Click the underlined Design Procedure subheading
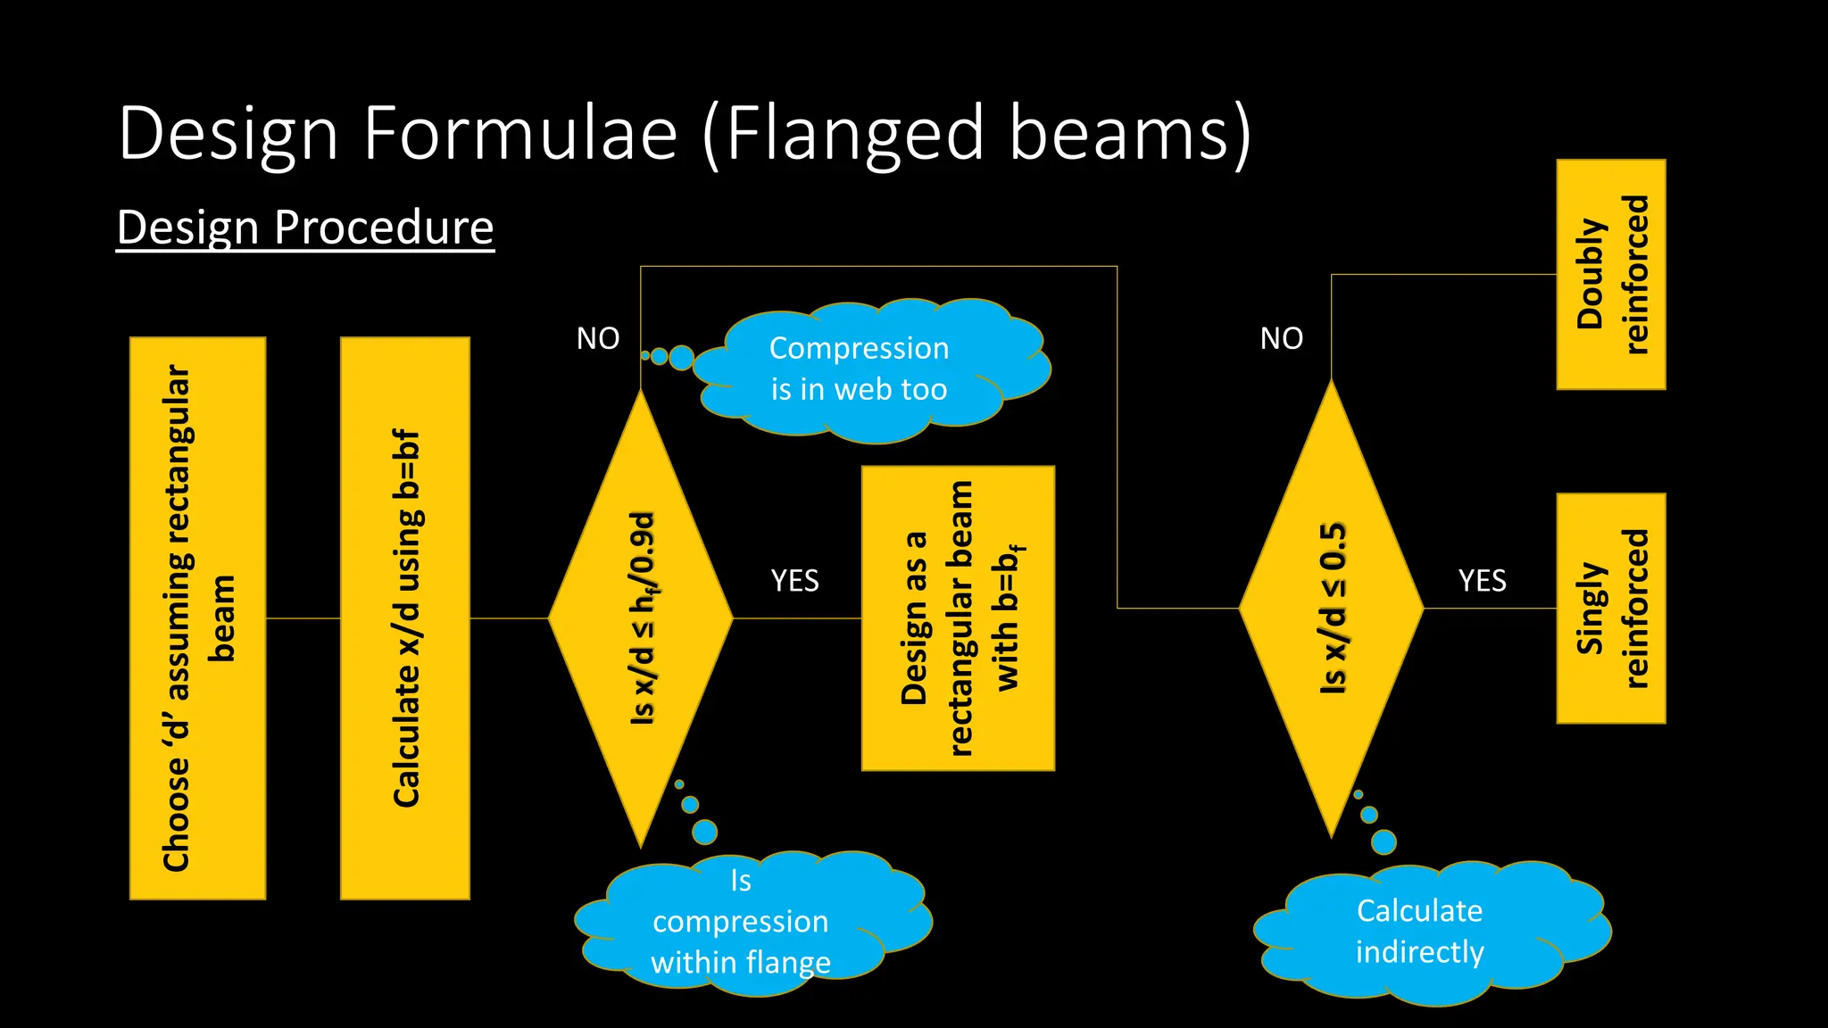click(x=305, y=227)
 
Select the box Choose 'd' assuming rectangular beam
click(x=197, y=618)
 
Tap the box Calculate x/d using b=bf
click(x=405, y=618)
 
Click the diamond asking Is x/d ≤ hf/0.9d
click(x=641, y=618)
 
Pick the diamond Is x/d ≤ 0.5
click(x=1331, y=609)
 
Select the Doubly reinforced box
click(x=1611, y=274)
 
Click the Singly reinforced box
click(x=1611, y=608)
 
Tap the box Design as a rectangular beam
click(x=958, y=618)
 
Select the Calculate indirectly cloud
click(x=1424, y=932)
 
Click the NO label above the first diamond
click(x=598, y=338)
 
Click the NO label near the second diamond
click(x=1282, y=338)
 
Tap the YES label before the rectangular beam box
click(x=794, y=581)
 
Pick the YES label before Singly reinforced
click(x=1483, y=581)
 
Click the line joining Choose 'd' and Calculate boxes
click(x=303, y=618)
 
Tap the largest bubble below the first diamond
click(x=704, y=832)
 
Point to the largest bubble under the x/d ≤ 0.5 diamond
click(x=1383, y=841)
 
